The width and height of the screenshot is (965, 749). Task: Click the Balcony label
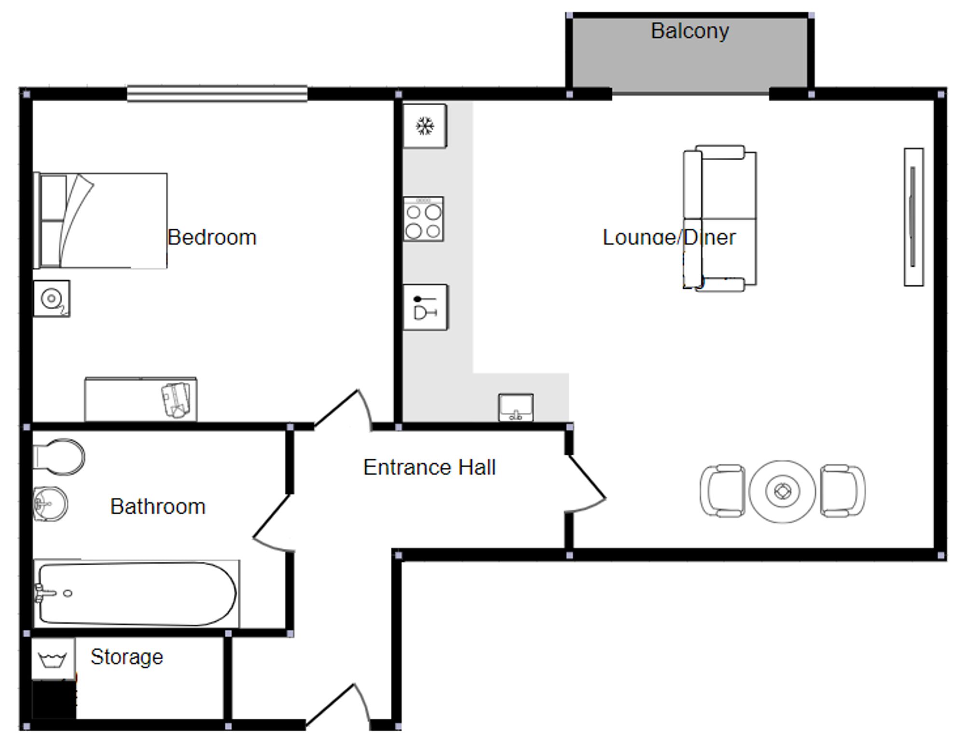point(689,31)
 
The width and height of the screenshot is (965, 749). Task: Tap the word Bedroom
point(212,237)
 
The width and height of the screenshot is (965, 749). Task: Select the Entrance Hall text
point(429,467)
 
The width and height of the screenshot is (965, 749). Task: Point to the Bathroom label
point(158,506)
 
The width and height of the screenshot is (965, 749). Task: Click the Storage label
point(127,657)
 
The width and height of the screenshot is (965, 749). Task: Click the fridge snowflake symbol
point(425,126)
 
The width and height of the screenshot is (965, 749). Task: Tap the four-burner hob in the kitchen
point(423,219)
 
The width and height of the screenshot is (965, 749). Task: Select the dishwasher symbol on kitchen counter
point(425,307)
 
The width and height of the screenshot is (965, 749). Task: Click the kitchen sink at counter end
point(516,408)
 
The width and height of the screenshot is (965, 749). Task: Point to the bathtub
point(137,594)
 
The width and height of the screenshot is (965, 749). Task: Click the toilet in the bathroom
point(59,456)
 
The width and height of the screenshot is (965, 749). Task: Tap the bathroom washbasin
point(50,504)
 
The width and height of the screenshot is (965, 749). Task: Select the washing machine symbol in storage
point(53,659)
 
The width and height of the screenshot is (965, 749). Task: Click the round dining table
point(782,491)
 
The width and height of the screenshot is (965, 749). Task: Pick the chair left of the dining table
point(723,491)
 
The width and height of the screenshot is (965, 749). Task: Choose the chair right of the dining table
point(842,491)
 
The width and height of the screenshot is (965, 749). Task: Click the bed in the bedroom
point(100,220)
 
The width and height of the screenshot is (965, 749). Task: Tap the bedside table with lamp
point(52,299)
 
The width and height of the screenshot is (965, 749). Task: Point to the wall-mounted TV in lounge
point(913,217)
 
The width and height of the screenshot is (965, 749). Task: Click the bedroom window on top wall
point(217,94)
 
